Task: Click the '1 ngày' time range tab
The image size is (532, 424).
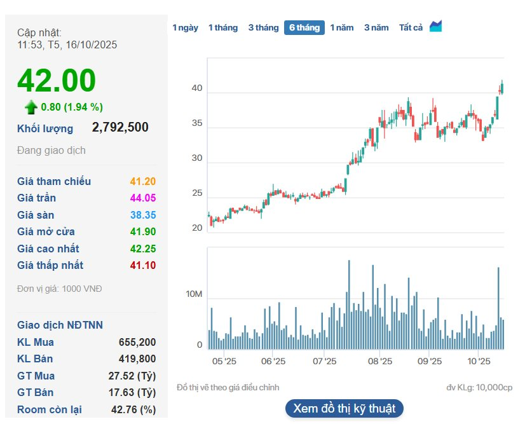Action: [185, 27]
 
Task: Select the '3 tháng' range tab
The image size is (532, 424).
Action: [263, 27]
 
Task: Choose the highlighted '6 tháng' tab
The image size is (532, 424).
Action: [304, 27]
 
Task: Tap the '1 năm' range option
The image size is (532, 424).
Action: [341, 27]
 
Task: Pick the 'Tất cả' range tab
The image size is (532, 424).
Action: [411, 27]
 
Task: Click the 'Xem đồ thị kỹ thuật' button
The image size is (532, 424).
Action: [344, 408]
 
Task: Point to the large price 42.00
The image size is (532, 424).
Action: [57, 81]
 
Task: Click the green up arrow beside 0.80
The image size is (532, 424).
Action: [31, 107]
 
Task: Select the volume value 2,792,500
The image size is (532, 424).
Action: [120, 127]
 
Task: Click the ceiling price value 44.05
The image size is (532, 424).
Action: [142, 198]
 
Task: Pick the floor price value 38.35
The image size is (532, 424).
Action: [142, 215]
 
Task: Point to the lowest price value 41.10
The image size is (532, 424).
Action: [142, 265]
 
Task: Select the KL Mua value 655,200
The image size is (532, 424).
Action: [137, 342]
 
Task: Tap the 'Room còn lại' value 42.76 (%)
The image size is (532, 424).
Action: [132, 409]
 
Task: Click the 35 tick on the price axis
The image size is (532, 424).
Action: [196, 123]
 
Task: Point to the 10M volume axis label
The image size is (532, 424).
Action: [194, 295]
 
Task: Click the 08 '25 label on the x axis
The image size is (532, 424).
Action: [379, 361]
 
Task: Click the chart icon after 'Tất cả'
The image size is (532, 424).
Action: [436, 27]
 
